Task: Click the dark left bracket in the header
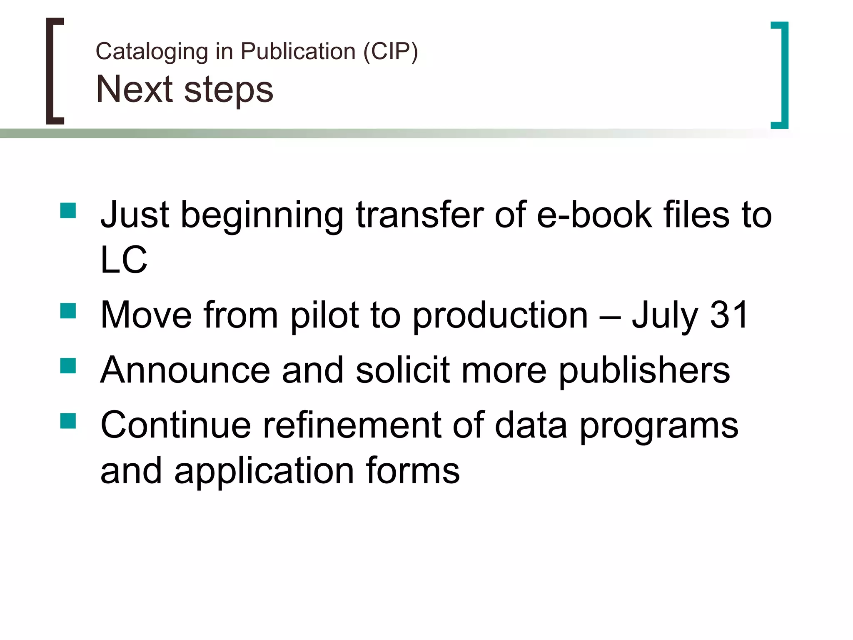(x=52, y=71)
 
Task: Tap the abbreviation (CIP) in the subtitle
(x=390, y=52)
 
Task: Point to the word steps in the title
(x=229, y=91)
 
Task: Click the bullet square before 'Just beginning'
(x=68, y=210)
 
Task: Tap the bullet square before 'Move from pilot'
(x=68, y=311)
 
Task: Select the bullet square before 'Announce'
(x=68, y=366)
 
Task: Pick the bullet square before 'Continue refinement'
(x=68, y=421)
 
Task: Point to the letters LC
(x=124, y=260)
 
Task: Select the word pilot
(x=324, y=315)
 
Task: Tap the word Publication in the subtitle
(x=298, y=52)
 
